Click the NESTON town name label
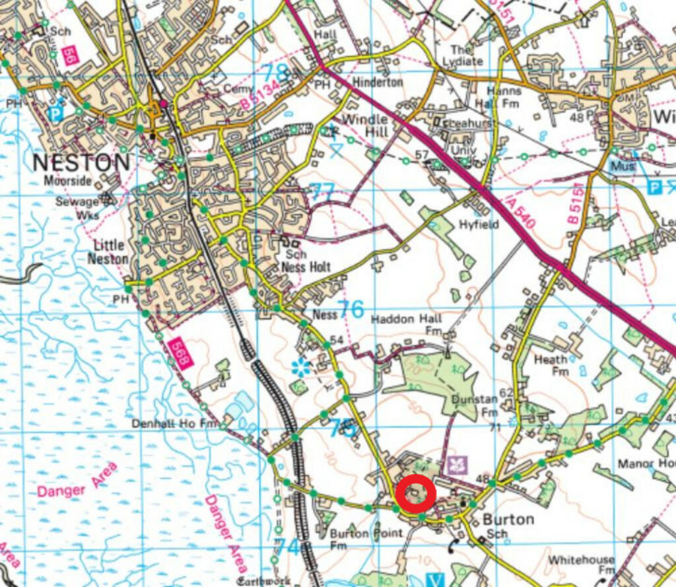tap(81, 162)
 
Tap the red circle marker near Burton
tap(416, 493)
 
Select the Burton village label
tap(508, 519)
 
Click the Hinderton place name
tap(378, 83)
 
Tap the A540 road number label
tap(516, 213)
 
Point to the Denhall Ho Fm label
tap(175, 423)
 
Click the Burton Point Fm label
tap(366, 538)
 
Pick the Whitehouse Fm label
tap(581, 565)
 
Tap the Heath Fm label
tap(551, 365)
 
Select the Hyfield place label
tap(479, 224)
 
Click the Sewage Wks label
tap(77, 208)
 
